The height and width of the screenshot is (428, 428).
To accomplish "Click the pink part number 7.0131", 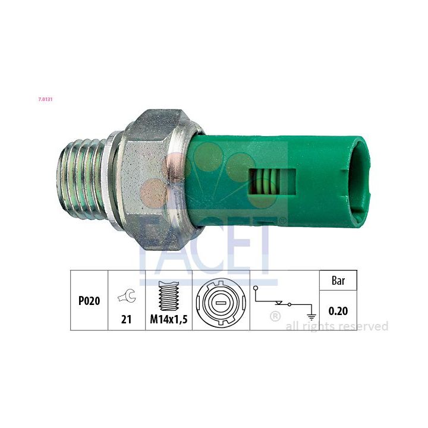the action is click(45, 99).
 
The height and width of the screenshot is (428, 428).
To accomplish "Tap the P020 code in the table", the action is click(89, 301).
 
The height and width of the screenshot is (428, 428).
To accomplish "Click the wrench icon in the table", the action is click(127, 296).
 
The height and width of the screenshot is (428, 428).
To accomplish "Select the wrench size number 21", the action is click(127, 319).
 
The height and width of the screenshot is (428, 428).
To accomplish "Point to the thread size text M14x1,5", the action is click(169, 319).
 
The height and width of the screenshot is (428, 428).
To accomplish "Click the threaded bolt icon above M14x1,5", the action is click(169, 296).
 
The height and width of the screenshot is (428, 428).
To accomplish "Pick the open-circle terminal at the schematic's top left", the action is click(256, 288).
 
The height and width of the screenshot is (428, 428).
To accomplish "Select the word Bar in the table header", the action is click(338, 281).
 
